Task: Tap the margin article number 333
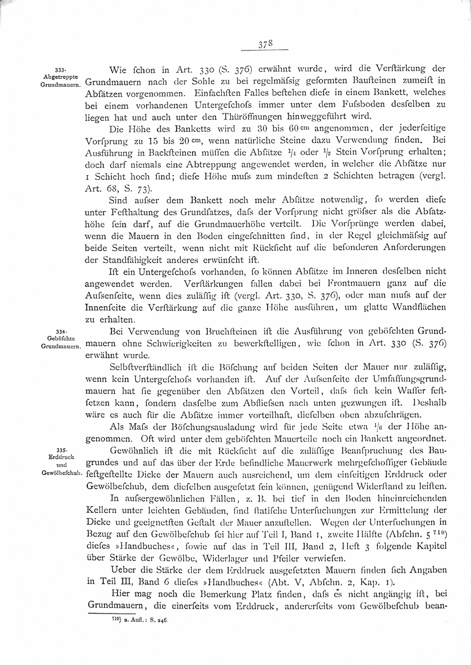(60, 70)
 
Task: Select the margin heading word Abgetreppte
(61, 77)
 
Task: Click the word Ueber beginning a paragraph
(122, 570)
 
